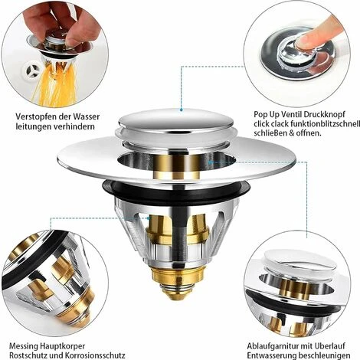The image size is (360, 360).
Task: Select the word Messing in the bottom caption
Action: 24,346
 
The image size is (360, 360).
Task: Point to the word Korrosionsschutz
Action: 95,355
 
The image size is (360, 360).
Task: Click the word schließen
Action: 270,133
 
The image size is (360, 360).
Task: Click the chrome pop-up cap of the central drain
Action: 175,121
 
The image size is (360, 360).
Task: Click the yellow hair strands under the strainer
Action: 56,84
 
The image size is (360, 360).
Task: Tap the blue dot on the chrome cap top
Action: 181,110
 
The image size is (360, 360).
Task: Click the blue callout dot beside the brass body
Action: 149,218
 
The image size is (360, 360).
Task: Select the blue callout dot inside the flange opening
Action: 210,162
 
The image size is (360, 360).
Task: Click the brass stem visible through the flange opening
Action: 176,166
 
